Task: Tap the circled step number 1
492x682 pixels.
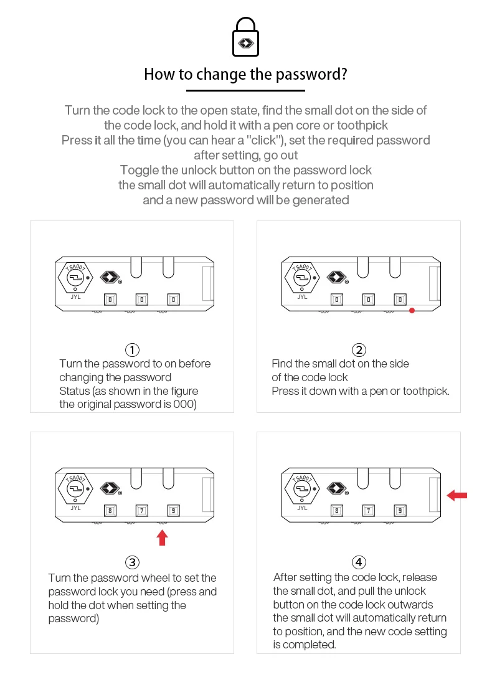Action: pyautogui.click(x=132, y=349)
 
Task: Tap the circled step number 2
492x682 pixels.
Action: pyautogui.click(x=359, y=349)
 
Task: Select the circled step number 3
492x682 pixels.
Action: pyautogui.click(x=132, y=562)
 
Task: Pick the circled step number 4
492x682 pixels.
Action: pyautogui.click(x=359, y=562)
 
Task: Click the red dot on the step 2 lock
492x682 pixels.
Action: pyautogui.click(x=412, y=310)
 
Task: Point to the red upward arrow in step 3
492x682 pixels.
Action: pyautogui.click(x=163, y=538)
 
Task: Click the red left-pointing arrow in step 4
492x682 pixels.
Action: pyautogui.click(x=457, y=495)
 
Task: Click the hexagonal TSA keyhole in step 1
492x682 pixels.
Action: pyautogui.click(x=75, y=277)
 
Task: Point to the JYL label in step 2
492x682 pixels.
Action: pyautogui.click(x=302, y=297)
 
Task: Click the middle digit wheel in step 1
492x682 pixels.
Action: pyautogui.click(x=142, y=300)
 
